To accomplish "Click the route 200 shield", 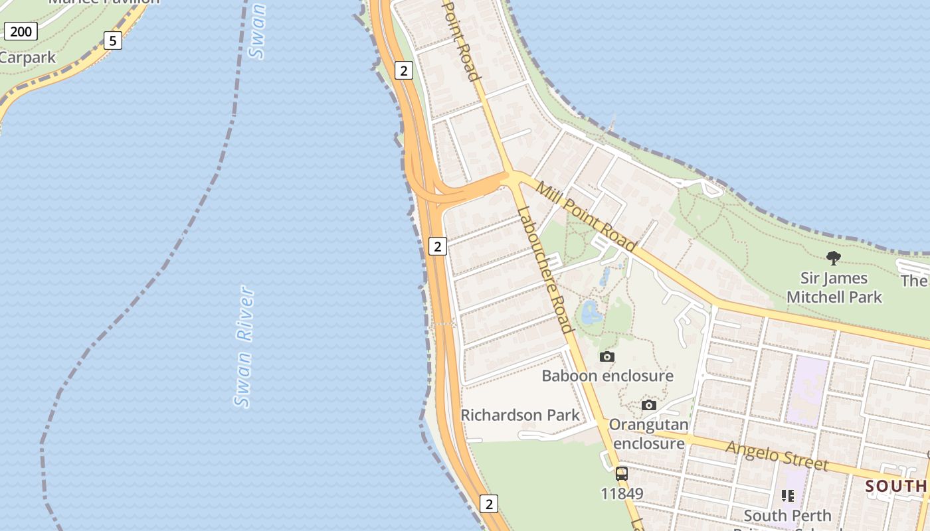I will click(21, 31).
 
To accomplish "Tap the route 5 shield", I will click(113, 40).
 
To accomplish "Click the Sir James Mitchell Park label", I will click(834, 287).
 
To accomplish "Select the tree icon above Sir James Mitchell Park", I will click(834, 258).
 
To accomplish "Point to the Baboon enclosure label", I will click(607, 376).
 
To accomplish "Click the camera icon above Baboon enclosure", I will click(606, 357).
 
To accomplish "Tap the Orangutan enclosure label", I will click(648, 433).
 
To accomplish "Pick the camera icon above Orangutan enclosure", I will click(649, 405).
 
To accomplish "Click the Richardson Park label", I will click(519, 415).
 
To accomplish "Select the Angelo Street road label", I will click(777, 456).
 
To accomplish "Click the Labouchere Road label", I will click(544, 270).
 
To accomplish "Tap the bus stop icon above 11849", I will click(622, 473).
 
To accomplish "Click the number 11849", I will click(622, 494).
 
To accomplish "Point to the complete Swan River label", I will click(244, 346).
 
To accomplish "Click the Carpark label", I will click(28, 58).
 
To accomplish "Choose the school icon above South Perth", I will click(788, 495).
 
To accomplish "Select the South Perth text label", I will click(787, 515).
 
